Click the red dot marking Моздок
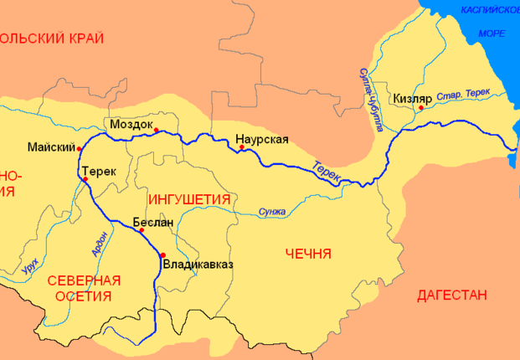click(x=156, y=129)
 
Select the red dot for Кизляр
click(x=421, y=107)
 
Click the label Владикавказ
click(x=198, y=265)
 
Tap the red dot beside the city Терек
click(x=83, y=178)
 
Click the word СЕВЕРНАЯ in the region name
click(x=84, y=280)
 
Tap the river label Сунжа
click(x=273, y=211)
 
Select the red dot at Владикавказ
click(x=162, y=255)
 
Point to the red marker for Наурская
click(x=242, y=147)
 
